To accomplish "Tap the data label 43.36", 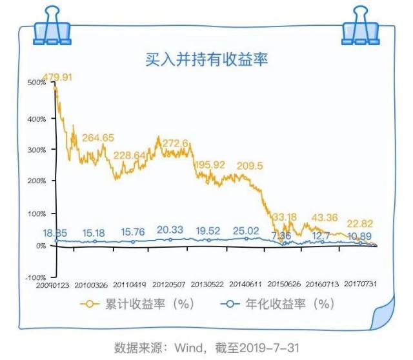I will tap(328, 217).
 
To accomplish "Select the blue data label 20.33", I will tap(170, 230).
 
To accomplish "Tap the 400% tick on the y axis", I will tap(36, 119).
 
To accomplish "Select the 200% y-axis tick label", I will tap(36, 181).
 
